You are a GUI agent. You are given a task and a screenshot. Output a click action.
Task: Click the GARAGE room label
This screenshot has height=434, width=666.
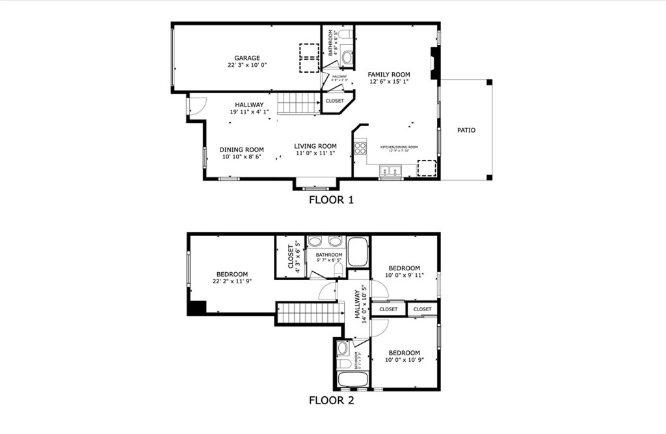[x=247, y=58]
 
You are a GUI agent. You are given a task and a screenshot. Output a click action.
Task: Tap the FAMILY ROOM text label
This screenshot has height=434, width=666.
[x=389, y=75]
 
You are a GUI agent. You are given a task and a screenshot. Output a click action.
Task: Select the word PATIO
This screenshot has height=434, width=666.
[x=466, y=131]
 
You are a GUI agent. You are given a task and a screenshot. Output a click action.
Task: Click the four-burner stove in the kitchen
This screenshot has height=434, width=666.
[x=360, y=147]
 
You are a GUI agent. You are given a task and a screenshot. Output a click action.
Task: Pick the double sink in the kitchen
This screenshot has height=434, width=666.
[x=391, y=172]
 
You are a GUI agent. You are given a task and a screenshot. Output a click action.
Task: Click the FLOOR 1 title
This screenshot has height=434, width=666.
[x=331, y=200]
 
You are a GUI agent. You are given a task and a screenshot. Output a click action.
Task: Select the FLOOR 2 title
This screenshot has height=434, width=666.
[x=331, y=400]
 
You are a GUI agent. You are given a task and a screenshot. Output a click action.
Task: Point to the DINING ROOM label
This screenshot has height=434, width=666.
[x=241, y=149]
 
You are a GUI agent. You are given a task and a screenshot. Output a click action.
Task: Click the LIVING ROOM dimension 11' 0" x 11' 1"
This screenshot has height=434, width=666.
[x=315, y=154]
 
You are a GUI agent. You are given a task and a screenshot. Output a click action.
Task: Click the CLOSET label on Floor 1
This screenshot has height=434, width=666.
[x=334, y=101]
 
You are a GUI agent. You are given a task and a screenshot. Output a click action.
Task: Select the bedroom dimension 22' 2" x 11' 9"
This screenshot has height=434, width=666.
[x=232, y=281]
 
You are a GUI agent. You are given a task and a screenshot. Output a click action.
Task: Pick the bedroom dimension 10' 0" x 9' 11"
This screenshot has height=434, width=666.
[x=404, y=275]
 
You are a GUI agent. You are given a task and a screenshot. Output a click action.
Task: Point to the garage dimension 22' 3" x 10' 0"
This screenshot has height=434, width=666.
[x=247, y=66]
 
